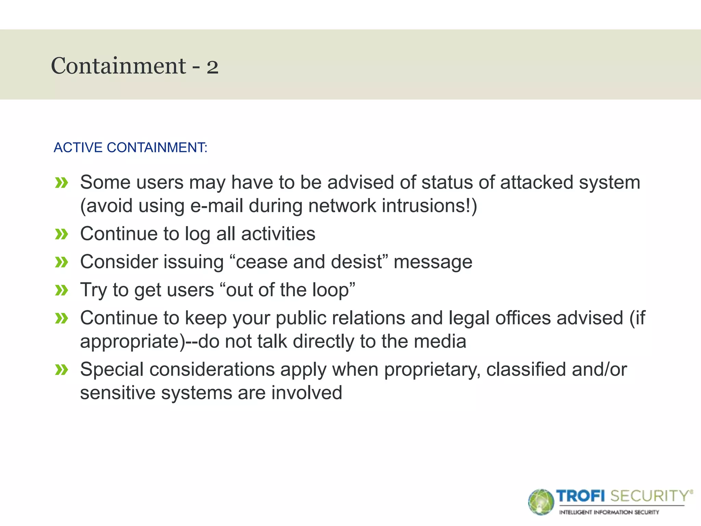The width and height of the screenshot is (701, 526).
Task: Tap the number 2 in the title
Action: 212,67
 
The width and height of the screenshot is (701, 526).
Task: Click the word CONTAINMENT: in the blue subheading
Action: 157,148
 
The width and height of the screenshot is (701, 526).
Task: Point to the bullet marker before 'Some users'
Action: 62,183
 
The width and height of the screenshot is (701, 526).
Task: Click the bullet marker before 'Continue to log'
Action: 62,235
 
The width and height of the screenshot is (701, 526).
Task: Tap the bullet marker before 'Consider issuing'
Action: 62,263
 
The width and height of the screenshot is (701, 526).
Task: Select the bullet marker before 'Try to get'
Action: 62,291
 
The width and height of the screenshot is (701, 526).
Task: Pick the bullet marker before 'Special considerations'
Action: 62,370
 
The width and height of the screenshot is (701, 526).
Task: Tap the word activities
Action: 278,234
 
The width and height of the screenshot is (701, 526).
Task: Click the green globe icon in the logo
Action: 541,502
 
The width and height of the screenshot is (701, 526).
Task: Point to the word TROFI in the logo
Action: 581,496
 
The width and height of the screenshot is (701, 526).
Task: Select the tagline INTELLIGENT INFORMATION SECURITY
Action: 609,512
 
